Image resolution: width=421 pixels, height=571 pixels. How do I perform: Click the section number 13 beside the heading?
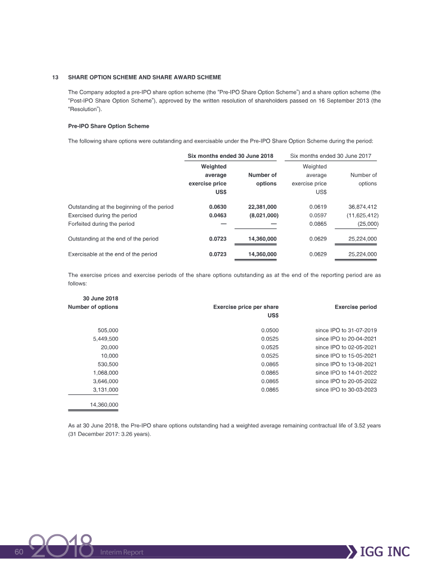[x=55, y=77]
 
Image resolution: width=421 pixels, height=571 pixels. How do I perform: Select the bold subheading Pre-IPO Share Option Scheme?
[x=108, y=126]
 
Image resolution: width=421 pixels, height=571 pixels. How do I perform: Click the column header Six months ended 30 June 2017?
[x=334, y=156]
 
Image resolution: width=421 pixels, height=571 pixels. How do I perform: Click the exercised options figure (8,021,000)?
[x=263, y=215]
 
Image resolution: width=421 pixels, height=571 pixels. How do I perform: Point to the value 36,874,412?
[x=359, y=207]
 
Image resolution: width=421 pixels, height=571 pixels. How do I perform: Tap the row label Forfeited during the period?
[x=101, y=224]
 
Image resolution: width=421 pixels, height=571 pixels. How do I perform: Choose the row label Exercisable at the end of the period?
[x=112, y=254]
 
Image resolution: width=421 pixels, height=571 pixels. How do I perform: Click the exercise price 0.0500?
[x=269, y=330]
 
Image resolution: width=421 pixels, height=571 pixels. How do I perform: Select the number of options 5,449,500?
[x=105, y=339]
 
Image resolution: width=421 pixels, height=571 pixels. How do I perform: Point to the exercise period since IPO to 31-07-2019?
[x=346, y=330]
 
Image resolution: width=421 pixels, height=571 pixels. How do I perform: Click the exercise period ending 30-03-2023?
[x=346, y=389]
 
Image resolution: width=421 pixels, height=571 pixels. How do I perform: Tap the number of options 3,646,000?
[x=105, y=381]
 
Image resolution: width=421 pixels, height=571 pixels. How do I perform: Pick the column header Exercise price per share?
[x=245, y=307]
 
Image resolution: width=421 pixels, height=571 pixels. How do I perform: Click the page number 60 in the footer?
[x=19, y=552]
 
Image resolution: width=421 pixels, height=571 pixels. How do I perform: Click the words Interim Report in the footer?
[x=122, y=552]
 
